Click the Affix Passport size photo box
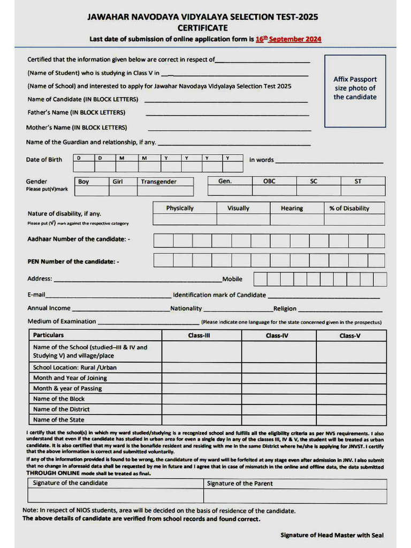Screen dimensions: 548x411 (355, 90)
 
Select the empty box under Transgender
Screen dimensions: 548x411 (165, 191)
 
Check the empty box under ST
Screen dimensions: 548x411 (362, 191)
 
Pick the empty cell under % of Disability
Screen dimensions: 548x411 (354, 219)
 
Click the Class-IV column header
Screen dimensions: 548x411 (279, 336)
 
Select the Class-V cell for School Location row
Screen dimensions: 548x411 (351, 368)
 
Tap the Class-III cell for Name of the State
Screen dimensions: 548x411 (202, 420)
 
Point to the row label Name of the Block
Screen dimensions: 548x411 (59, 399)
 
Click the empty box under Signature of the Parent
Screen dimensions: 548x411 (295, 496)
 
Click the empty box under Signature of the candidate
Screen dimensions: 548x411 (116, 496)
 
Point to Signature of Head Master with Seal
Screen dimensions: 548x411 (332, 535)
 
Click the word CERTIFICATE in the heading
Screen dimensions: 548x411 (202, 28)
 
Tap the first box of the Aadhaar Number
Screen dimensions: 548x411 (163, 241)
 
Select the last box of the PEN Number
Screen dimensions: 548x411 (376, 261)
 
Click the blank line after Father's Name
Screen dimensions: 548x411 (227, 113)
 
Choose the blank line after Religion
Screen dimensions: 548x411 (340, 309)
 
